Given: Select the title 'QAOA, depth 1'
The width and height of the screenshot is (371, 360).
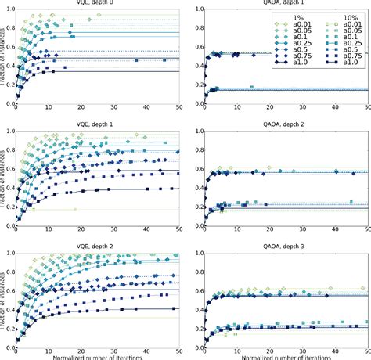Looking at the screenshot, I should coord(286,5).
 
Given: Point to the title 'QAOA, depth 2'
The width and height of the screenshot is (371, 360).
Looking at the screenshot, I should coord(286,125).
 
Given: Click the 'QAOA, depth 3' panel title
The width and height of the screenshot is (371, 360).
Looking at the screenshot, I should coord(286,245).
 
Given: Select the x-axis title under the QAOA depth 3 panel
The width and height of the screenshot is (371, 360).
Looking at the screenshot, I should coord(286,356).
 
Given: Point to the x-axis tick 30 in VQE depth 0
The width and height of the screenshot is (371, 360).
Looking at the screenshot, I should coord(114,113).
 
